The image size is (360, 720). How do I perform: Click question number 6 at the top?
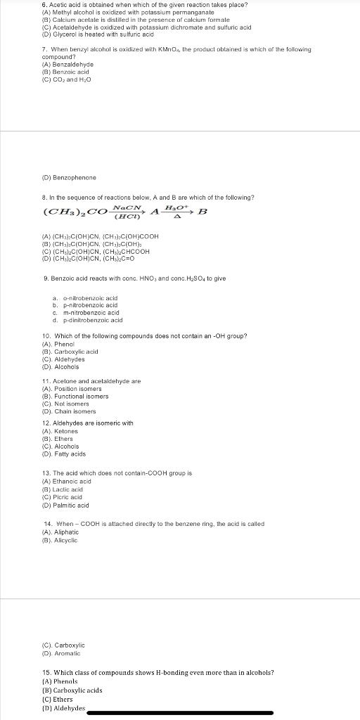tap(45, 5)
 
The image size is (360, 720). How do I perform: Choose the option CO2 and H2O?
tap(67, 79)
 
